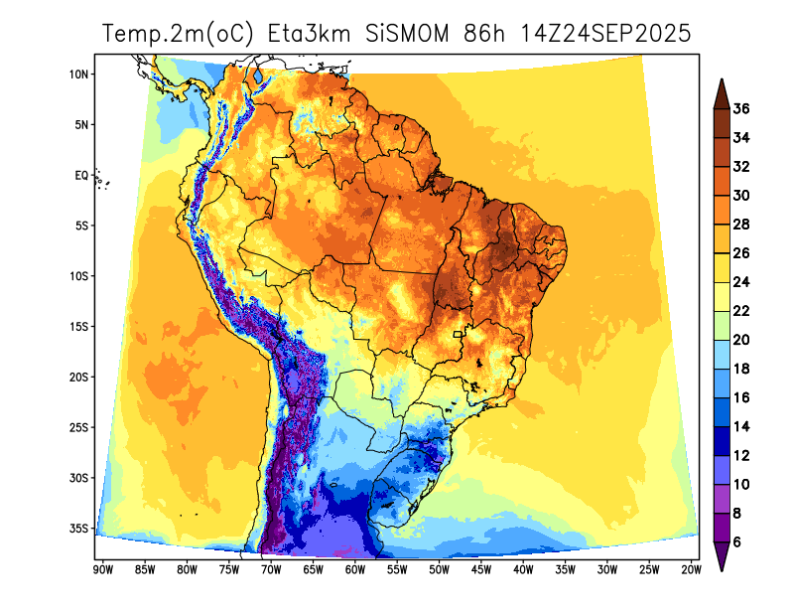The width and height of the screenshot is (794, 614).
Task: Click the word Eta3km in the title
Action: tap(309, 34)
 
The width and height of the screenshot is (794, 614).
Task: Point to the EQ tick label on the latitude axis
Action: tap(81, 175)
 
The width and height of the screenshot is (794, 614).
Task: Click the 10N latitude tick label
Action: tap(79, 75)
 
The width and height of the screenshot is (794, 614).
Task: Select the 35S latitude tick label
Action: tap(79, 528)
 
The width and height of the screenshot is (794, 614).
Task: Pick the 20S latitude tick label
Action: tap(79, 377)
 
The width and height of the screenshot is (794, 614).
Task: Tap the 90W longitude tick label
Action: tap(101, 569)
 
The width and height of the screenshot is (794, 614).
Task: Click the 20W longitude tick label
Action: tap(692, 569)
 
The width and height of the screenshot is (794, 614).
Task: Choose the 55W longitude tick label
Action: tap(396, 569)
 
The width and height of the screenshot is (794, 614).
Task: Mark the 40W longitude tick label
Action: tap(523, 569)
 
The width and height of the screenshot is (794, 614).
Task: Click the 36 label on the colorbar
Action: tap(740, 109)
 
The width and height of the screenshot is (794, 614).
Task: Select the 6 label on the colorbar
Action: tap(737, 541)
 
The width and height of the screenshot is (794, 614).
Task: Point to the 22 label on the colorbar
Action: tap(740, 311)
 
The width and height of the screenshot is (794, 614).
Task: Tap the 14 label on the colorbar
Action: tap(740, 426)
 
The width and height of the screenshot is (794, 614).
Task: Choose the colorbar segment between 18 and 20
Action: tap(722, 354)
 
